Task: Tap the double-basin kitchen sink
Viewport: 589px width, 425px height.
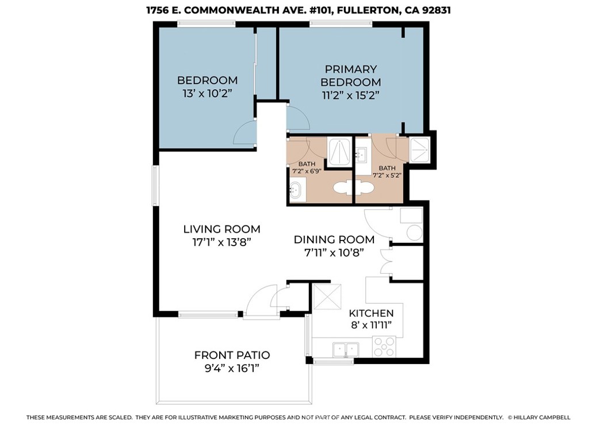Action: tap(345, 349)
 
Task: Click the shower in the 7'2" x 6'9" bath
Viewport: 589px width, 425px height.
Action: tap(339, 151)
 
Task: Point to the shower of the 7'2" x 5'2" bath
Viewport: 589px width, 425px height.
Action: tap(420, 150)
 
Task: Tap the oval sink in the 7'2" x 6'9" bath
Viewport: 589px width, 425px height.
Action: tap(296, 190)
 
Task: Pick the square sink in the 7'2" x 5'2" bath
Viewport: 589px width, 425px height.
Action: tap(362, 154)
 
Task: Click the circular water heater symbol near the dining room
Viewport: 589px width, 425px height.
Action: tap(414, 233)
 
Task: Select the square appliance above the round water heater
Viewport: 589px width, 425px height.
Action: tap(411, 215)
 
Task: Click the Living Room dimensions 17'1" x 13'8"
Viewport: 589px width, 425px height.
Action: tap(221, 242)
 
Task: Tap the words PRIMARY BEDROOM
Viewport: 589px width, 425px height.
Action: tap(350, 75)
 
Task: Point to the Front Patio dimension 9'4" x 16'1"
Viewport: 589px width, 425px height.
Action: tap(232, 369)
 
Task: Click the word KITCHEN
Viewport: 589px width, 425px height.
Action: tap(371, 313)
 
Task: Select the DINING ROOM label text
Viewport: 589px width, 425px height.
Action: tap(334, 239)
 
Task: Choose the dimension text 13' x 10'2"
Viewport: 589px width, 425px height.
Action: tap(206, 93)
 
